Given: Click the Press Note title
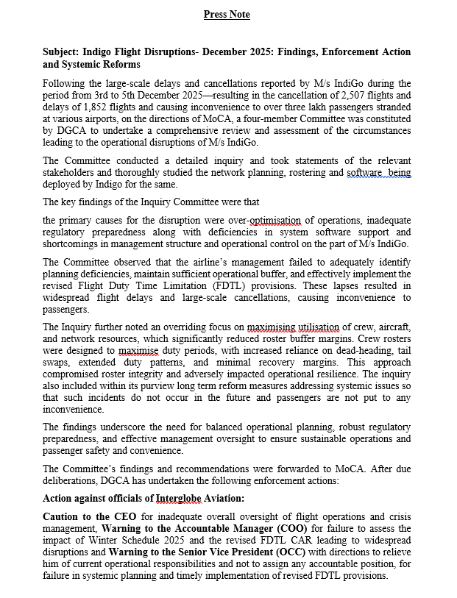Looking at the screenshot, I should (227, 15).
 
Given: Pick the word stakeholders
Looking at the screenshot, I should (70, 172).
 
